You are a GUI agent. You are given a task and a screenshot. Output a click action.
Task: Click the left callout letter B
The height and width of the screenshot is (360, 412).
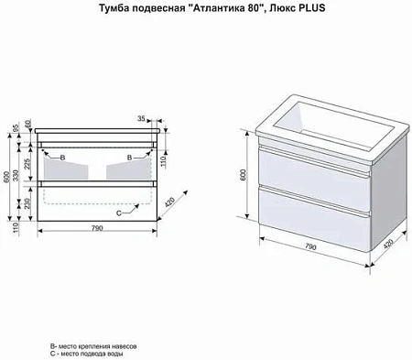point(61,158)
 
